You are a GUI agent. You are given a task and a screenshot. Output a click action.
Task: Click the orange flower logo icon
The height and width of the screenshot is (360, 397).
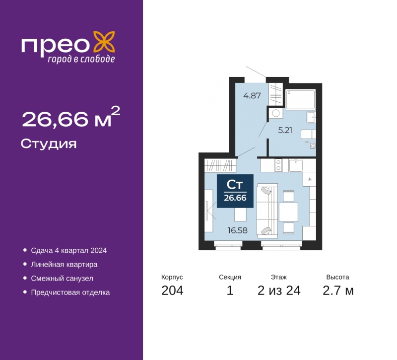click(x=104, y=42)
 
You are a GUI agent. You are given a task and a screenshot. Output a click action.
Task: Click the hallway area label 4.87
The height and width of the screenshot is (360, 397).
click(x=252, y=96)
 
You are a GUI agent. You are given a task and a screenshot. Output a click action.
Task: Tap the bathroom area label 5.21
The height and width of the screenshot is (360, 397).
click(x=285, y=130)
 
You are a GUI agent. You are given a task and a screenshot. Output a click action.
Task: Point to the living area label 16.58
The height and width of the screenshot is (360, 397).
click(x=238, y=230)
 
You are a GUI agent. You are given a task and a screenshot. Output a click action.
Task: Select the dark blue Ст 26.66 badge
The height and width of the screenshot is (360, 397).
click(x=235, y=191)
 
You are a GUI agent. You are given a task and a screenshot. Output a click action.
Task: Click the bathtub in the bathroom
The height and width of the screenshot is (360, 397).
click(x=301, y=99)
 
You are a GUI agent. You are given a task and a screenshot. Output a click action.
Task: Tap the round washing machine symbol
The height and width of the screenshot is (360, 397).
click(x=276, y=113)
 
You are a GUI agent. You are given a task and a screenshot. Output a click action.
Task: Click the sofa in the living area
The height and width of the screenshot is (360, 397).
click(x=267, y=211)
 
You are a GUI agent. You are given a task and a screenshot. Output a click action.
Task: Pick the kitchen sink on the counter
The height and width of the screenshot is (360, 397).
click(x=295, y=165)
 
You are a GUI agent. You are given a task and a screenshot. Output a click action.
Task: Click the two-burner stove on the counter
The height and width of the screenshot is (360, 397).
click(x=278, y=165)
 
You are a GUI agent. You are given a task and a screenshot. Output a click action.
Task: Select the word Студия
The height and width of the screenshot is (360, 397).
click(x=49, y=144)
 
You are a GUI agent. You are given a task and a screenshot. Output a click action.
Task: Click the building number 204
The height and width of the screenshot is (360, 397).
click(x=172, y=290)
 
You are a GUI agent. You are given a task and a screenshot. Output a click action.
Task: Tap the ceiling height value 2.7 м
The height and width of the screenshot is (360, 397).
click(x=338, y=290)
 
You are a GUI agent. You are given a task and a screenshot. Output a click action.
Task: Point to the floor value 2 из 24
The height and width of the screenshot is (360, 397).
click(x=279, y=290)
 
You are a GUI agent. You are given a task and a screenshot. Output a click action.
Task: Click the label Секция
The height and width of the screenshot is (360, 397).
click(x=230, y=277)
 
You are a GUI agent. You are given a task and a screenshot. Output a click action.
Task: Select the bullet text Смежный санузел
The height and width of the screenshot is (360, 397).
click(x=62, y=279)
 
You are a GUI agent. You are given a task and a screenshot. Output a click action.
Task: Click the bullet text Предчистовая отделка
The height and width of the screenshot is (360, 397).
click(x=70, y=292)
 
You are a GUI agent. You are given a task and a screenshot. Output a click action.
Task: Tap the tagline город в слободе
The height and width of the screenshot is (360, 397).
click(x=81, y=59)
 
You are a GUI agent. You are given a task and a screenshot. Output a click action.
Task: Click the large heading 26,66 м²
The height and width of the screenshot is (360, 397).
click(x=71, y=117)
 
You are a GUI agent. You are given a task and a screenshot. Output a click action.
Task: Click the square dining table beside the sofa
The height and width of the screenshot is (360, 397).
click(x=288, y=212)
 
